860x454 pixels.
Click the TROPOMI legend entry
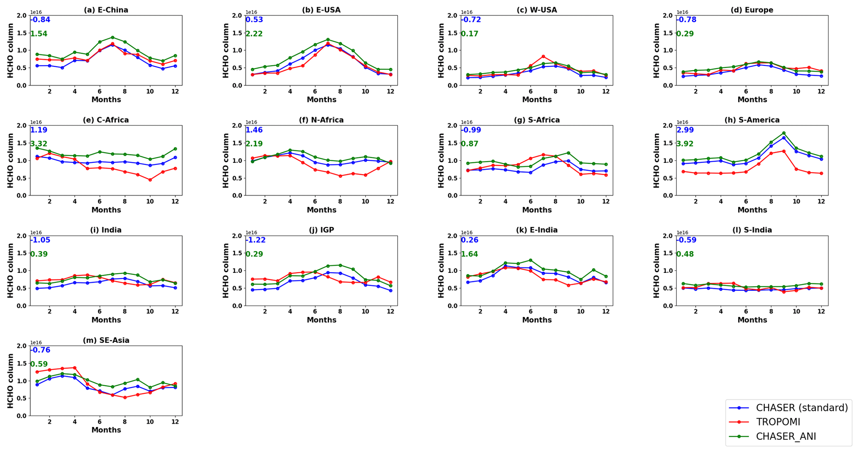778,422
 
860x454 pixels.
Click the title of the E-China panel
106,10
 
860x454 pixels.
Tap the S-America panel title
752,120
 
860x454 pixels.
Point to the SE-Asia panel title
106,340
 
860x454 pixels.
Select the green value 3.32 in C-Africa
39,144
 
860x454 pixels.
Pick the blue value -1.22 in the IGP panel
255,240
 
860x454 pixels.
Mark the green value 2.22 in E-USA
254,34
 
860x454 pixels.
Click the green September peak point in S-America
783,133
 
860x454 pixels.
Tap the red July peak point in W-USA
543,56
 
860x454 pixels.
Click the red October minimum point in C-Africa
150,180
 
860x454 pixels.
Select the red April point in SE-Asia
74,368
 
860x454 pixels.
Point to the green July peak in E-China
112,37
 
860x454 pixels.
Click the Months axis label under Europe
752,100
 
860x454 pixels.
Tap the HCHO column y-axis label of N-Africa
226,160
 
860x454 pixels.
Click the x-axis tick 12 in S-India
821,312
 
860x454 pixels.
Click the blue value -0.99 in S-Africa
471,130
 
